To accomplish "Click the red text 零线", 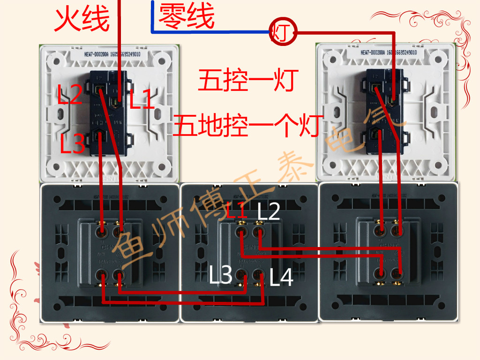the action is coord(187,16).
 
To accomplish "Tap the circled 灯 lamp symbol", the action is coord(283,33).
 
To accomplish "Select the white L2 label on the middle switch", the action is coord(269,212).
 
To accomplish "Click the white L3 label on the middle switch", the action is coord(220,276).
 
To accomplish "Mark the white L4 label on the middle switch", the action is coord(281,277).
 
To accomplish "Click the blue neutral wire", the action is coord(211,32).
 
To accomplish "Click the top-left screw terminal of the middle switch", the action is coord(241,231).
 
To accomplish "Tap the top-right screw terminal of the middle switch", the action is coord(257,231).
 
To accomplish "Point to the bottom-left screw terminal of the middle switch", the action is coord(241,275).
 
